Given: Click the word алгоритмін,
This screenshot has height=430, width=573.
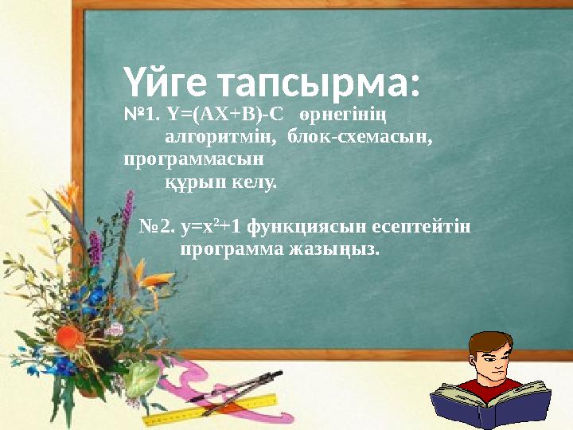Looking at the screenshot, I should click(x=220, y=139).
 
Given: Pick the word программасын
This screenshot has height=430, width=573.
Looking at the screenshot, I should click(x=195, y=159).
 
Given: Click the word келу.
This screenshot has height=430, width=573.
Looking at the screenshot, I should click(x=254, y=182).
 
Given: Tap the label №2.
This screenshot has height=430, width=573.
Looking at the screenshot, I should click(x=158, y=229).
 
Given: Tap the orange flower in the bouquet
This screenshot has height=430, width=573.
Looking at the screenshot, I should click(x=70, y=337).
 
